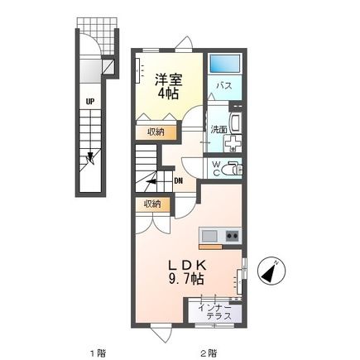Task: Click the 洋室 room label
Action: click(x=168, y=79)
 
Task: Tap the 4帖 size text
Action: click(x=168, y=94)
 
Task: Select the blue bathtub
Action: click(x=223, y=65)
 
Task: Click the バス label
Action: click(x=223, y=86)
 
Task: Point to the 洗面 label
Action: click(x=218, y=129)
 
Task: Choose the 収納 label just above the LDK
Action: click(x=151, y=204)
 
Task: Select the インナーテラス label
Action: click(x=218, y=311)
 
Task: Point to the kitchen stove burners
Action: click(x=231, y=235)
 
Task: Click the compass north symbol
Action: click(x=271, y=271)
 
